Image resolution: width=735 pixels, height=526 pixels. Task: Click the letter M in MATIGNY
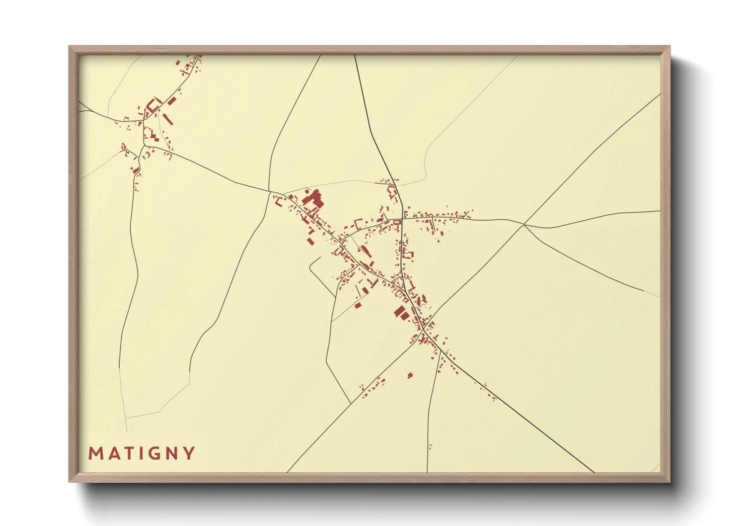click(95, 453)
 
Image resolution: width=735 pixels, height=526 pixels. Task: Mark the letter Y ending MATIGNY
click(188, 453)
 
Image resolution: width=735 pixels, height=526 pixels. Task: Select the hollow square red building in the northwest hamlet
click(153, 104)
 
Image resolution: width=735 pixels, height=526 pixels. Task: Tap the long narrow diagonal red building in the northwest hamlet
click(168, 118)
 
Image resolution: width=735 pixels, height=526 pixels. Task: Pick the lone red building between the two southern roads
click(410, 375)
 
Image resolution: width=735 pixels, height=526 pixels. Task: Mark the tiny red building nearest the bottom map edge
click(430, 446)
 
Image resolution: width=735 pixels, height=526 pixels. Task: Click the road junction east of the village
click(524, 225)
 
